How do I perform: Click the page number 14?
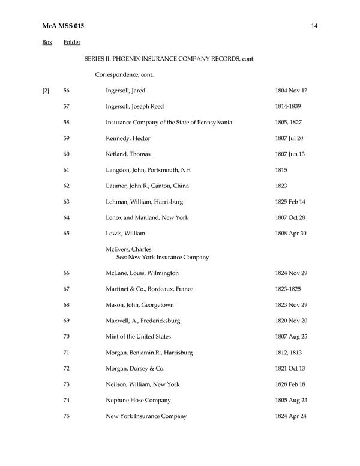[314, 26]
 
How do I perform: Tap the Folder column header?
[72, 43]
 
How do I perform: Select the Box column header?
[47, 43]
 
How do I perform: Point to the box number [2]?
[46, 91]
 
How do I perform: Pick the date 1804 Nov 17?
[291, 91]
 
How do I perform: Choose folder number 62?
[67, 186]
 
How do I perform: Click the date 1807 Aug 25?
[291, 337]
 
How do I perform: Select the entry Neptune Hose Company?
[138, 400]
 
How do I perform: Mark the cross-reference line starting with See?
[162, 257]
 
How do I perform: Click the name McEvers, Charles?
[128, 249]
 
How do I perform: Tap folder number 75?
[67, 416]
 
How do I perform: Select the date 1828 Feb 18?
[291, 384]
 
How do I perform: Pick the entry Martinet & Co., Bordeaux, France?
[149, 289]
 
